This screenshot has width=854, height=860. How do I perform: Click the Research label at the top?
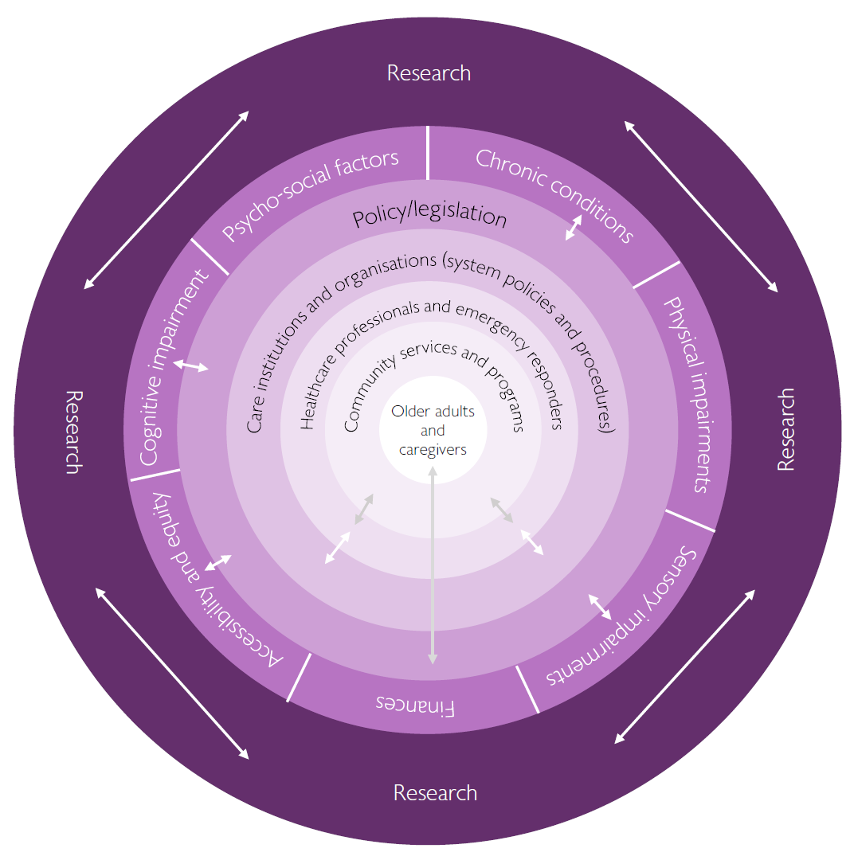tap(429, 73)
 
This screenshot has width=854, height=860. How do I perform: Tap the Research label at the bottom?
tap(435, 793)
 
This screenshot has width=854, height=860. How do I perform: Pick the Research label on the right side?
tap(785, 430)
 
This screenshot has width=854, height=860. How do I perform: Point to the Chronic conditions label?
tap(554, 194)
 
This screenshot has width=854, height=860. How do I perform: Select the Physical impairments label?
tap(687, 394)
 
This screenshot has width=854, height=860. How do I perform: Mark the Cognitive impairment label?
tap(174, 366)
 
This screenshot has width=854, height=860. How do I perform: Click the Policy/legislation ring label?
tap(430, 217)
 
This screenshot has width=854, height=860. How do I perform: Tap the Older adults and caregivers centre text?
tap(433, 431)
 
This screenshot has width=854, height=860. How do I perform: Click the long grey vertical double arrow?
tap(433, 565)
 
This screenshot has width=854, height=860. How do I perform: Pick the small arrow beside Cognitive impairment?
tap(191, 365)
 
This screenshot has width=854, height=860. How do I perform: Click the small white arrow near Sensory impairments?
tap(600, 606)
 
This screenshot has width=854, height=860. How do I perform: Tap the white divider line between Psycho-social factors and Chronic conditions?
tap(428, 153)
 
